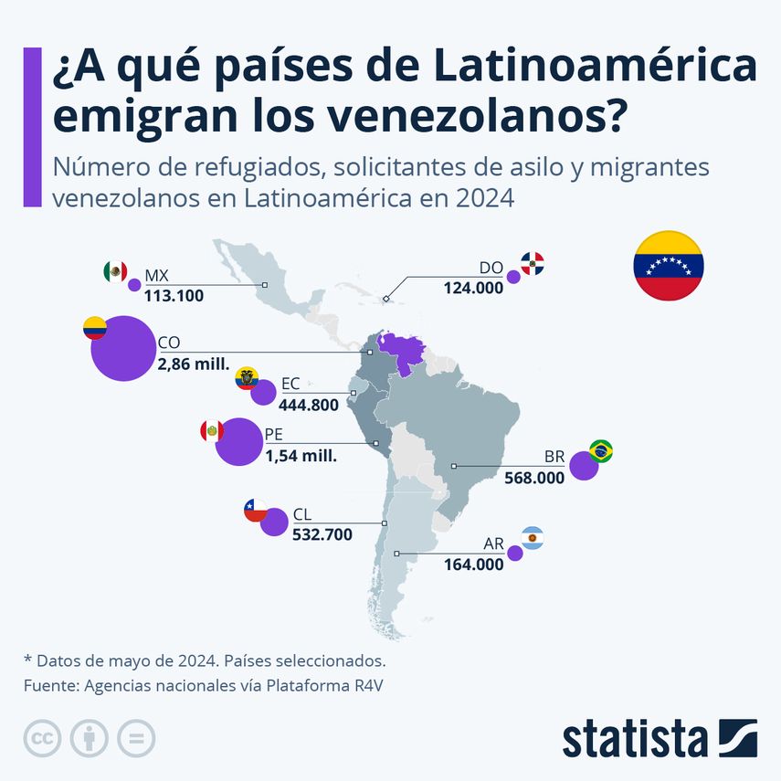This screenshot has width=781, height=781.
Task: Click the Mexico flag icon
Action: (114, 271)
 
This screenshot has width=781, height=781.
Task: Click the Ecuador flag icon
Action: (246, 378)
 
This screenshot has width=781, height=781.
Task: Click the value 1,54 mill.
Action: (301, 455)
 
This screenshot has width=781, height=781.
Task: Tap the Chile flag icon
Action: (256, 510)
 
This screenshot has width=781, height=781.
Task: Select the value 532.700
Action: (322, 534)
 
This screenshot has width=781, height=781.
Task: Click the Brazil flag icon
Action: (601, 450)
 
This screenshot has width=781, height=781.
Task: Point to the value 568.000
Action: (534, 477)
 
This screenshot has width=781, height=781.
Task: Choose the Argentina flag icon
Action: (533, 538)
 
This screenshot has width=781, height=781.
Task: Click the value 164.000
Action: (473, 565)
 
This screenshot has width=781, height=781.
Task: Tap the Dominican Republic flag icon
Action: (533, 264)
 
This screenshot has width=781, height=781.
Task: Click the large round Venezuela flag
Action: (669, 266)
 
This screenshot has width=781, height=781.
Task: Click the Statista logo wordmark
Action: (634, 738)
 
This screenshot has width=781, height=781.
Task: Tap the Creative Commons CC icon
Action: (42, 738)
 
